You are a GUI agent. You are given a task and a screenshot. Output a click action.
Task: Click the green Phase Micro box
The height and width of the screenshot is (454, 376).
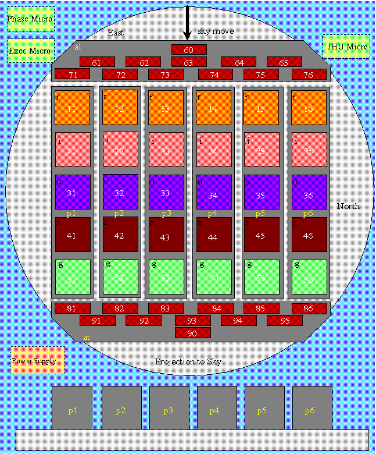[x=31, y=19]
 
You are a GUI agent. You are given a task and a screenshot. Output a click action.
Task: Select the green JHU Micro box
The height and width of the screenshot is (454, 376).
[x=346, y=47]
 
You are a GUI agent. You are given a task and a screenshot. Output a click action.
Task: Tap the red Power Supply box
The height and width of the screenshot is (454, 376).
[x=38, y=360]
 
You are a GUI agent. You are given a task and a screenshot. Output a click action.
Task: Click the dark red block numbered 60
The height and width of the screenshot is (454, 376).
[x=189, y=49]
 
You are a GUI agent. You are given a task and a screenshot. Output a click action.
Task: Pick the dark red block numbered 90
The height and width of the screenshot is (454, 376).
[x=192, y=333]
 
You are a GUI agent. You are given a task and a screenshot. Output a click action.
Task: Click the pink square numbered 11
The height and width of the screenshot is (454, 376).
[x=73, y=108]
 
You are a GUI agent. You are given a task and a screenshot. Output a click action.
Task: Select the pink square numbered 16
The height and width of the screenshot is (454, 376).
[x=309, y=108]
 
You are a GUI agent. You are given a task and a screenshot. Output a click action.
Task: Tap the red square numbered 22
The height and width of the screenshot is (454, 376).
[x=120, y=150]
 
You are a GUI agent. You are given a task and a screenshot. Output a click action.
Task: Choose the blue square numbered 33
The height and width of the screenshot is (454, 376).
[x=167, y=192]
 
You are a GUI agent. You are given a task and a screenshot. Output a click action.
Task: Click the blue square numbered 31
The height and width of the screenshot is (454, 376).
[x=73, y=192]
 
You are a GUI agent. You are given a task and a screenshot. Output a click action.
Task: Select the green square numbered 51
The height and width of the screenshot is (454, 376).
[x=73, y=277]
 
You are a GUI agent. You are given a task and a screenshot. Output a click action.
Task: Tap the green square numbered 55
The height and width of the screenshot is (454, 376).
[x=261, y=277]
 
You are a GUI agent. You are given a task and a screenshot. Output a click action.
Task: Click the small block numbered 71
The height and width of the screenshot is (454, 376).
[x=72, y=74]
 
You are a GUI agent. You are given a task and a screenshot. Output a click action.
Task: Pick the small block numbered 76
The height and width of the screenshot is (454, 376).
[x=309, y=74]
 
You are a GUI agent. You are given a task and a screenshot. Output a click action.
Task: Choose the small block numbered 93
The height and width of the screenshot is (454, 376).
[x=192, y=320]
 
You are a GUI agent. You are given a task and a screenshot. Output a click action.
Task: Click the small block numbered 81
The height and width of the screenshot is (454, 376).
[x=72, y=308]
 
